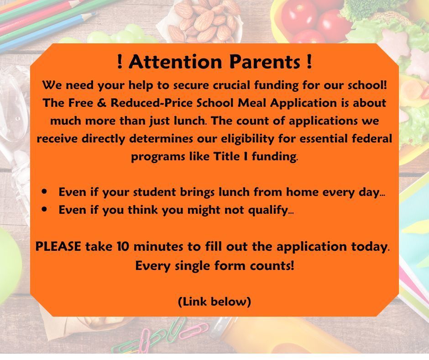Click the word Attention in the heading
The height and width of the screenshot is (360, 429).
(175, 62)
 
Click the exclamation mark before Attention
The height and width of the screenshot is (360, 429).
(120, 62)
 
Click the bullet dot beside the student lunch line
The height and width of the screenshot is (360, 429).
(44, 191)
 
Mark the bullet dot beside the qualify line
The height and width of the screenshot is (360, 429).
(44, 209)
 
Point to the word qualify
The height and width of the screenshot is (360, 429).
(263, 210)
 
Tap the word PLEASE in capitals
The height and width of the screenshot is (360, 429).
(58, 247)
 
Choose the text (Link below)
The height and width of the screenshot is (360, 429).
(214, 302)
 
